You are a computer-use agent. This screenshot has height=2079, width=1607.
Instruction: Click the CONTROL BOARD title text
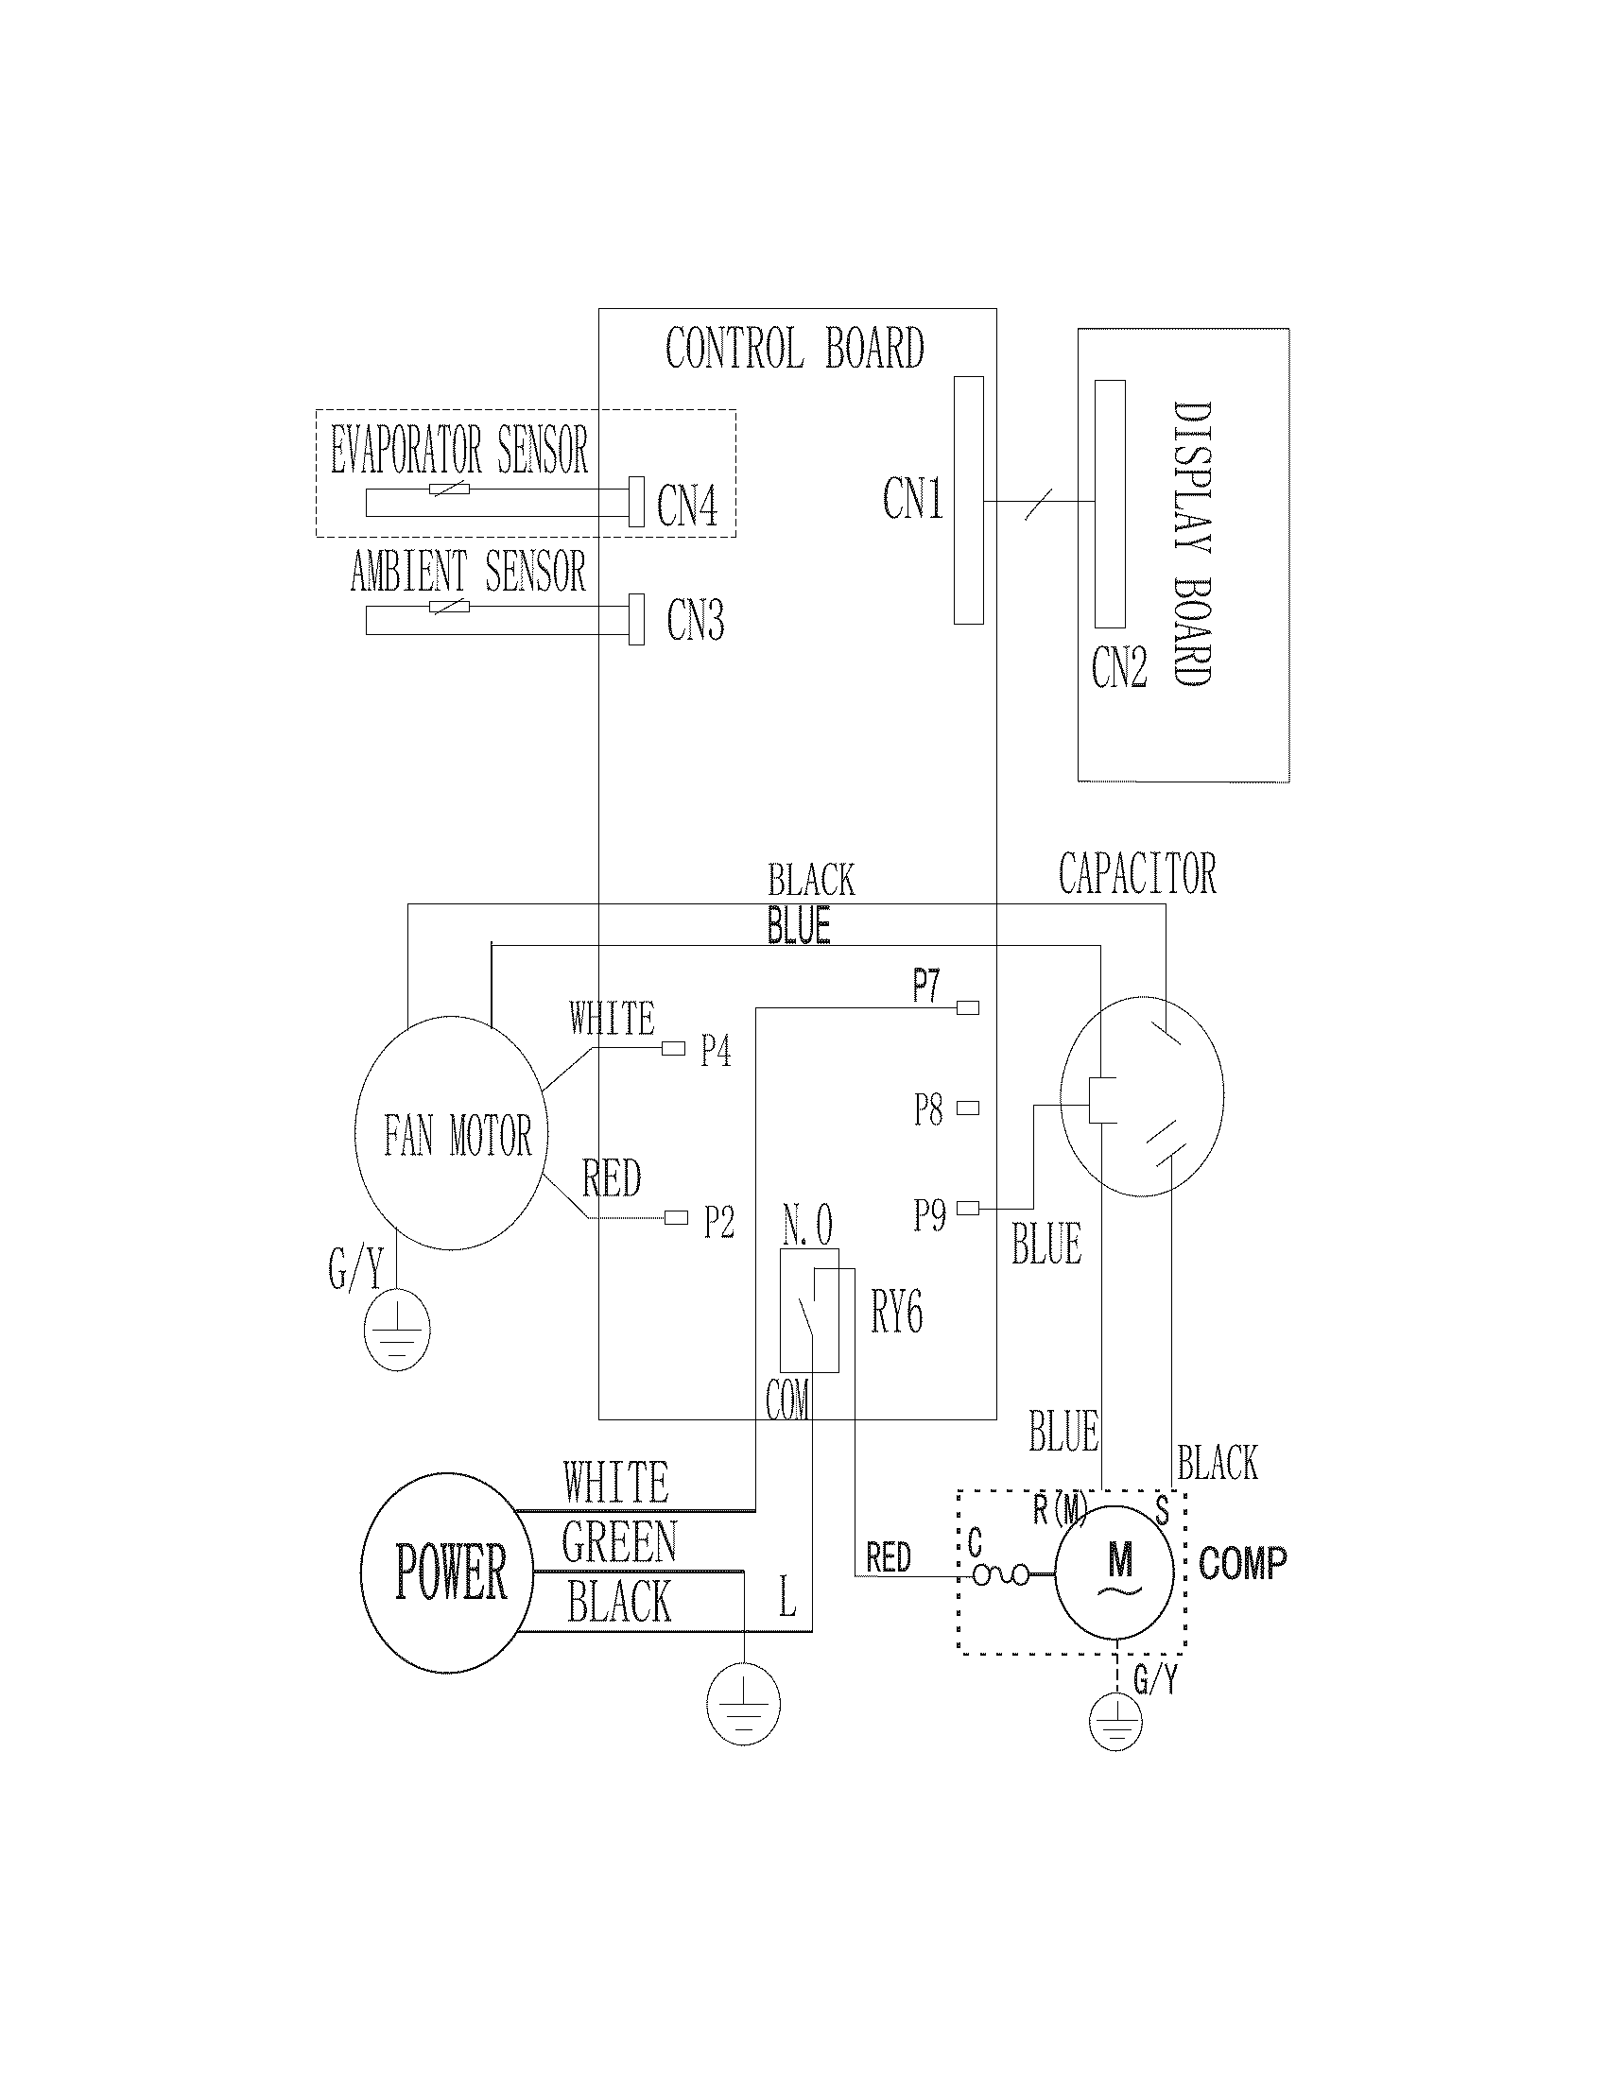pyautogui.click(x=794, y=348)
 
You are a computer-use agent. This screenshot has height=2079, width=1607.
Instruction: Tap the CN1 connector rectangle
pyautogui.click(x=968, y=500)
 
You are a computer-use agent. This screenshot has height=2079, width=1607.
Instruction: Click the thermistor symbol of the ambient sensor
pyautogui.click(x=449, y=607)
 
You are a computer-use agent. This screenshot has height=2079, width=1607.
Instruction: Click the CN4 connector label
pyautogui.click(x=686, y=505)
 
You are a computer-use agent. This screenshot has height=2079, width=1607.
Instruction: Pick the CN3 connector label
pyautogui.click(x=695, y=621)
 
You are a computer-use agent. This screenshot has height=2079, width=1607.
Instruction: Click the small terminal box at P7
pyautogui.click(x=967, y=1007)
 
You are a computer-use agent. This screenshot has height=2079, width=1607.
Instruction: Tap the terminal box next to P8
pyautogui.click(x=967, y=1108)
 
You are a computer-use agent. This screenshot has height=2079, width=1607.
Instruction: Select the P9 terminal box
pyautogui.click(x=967, y=1208)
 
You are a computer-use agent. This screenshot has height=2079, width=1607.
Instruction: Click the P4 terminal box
pyautogui.click(x=673, y=1048)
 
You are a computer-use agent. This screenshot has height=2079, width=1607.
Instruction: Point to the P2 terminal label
pyautogui.click(x=718, y=1222)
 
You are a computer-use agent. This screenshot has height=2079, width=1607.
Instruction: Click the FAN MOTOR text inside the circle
pyautogui.click(x=457, y=1135)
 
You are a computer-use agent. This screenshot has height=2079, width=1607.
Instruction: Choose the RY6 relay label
pyautogui.click(x=896, y=1313)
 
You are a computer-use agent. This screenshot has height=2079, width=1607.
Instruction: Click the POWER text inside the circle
pyautogui.click(x=450, y=1572)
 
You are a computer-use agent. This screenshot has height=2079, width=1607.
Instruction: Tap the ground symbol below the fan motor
pyautogui.click(x=398, y=1330)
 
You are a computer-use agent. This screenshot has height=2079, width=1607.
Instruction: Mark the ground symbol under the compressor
pyautogui.click(x=1115, y=1721)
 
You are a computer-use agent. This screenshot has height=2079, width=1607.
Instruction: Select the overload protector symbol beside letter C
pyautogui.click(x=1000, y=1575)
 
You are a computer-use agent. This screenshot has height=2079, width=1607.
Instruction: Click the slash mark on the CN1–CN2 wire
pyautogui.click(x=1039, y=505)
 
